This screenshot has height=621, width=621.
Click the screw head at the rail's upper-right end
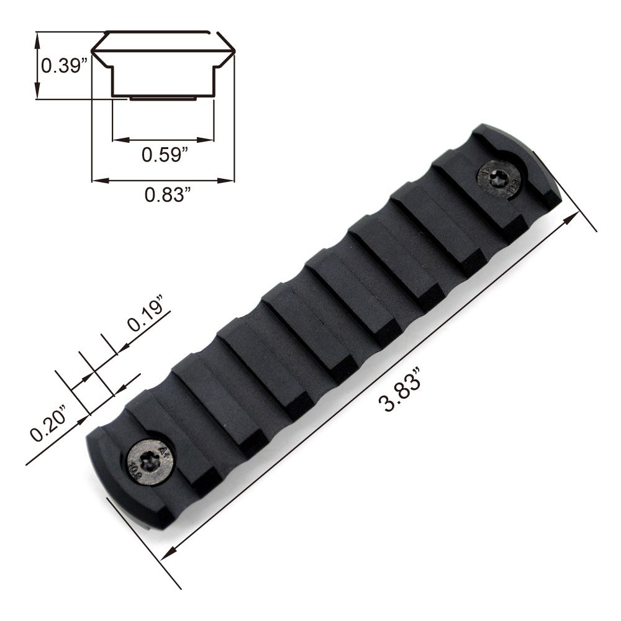tap(499, 179)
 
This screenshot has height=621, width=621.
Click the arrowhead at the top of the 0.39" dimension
tap(38, 39)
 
